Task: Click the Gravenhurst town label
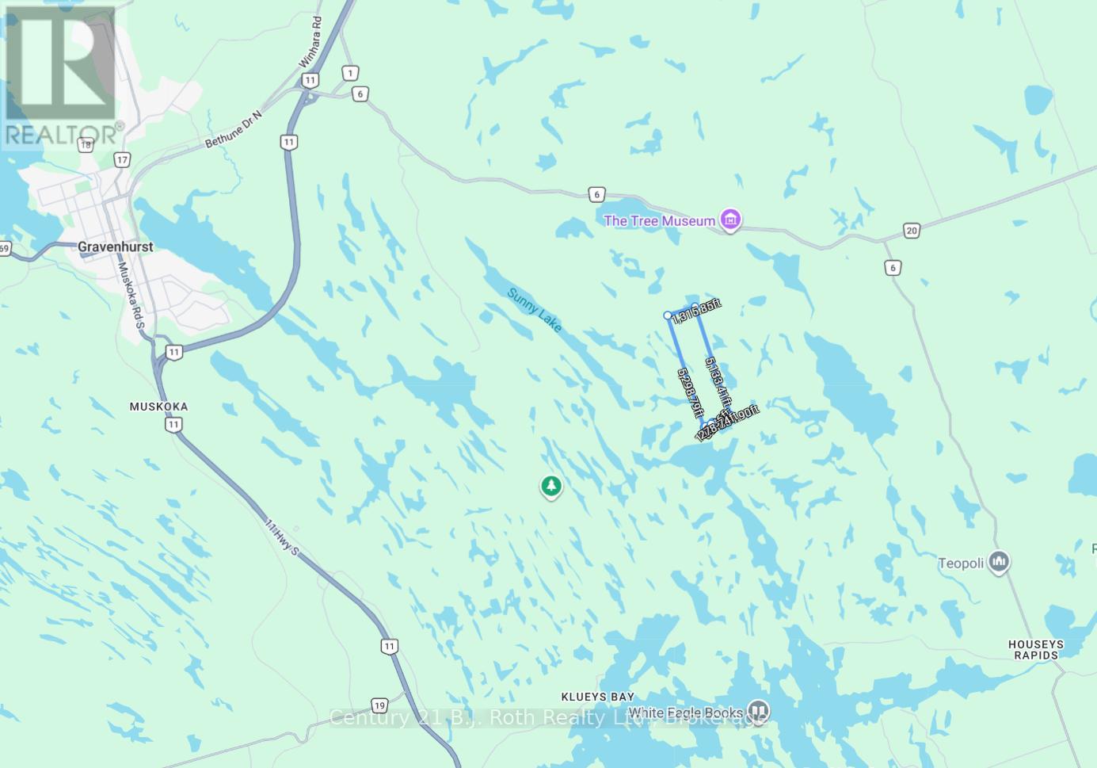point(116,246)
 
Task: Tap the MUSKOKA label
point(159,407)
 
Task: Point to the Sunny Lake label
point(535,310)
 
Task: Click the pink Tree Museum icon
point(731,220)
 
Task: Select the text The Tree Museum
point(659,221)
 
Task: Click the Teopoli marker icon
point(999,562)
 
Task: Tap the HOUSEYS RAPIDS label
point(1036,650)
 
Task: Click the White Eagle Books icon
point(759,710)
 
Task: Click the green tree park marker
point(551,486)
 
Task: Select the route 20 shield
point(912,231)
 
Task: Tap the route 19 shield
point(379,705)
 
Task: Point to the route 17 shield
point(121,160)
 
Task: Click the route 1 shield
point(350,73)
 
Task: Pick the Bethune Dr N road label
point(233,129)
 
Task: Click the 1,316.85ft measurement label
point(697,311)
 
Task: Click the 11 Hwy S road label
point(282,537)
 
